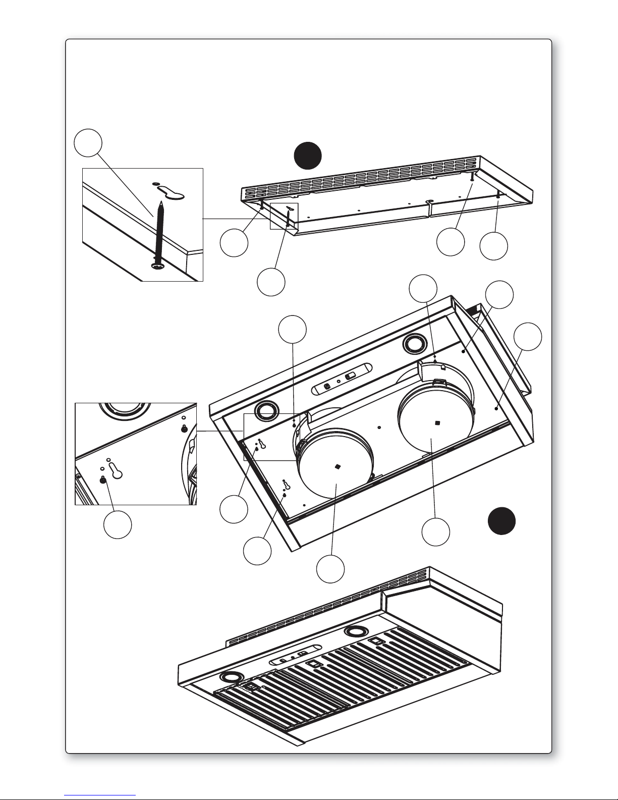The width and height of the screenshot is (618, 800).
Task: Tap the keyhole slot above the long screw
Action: point(172,192)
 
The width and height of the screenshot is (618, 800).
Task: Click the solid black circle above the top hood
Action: point(308,154)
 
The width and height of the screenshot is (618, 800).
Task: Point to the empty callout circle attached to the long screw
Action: point(88,143)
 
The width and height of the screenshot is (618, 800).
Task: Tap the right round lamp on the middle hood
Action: point(415,345)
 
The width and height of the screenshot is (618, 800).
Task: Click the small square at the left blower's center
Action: point(336,467)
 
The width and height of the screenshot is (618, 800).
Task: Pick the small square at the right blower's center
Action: point(437,422)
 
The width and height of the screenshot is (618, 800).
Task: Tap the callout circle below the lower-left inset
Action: point(118,524)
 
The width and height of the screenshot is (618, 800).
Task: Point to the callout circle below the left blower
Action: point(330,568)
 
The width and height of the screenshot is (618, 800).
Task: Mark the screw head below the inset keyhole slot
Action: point(103,480)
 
